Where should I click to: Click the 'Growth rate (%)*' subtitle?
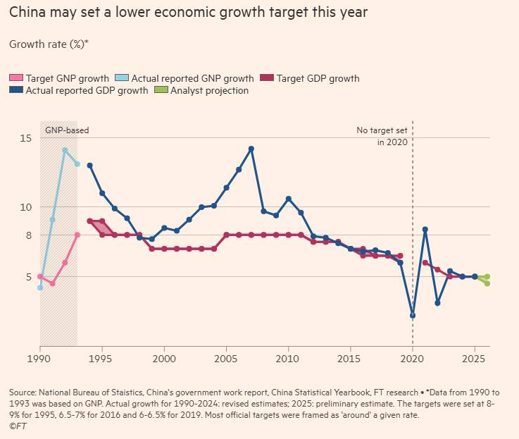[49, 44]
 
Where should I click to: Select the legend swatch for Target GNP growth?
[16, 78]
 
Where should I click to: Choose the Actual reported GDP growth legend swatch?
[16, 90]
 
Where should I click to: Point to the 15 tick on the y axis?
[25, 138]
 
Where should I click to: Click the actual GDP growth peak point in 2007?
[251, 149]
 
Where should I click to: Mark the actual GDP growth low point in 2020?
[413, 315]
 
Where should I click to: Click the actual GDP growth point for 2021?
[425, 229]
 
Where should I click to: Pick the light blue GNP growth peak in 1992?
[65, 150]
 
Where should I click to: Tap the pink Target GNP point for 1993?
[77, 235]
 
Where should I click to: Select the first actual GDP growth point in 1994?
[89, 165]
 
